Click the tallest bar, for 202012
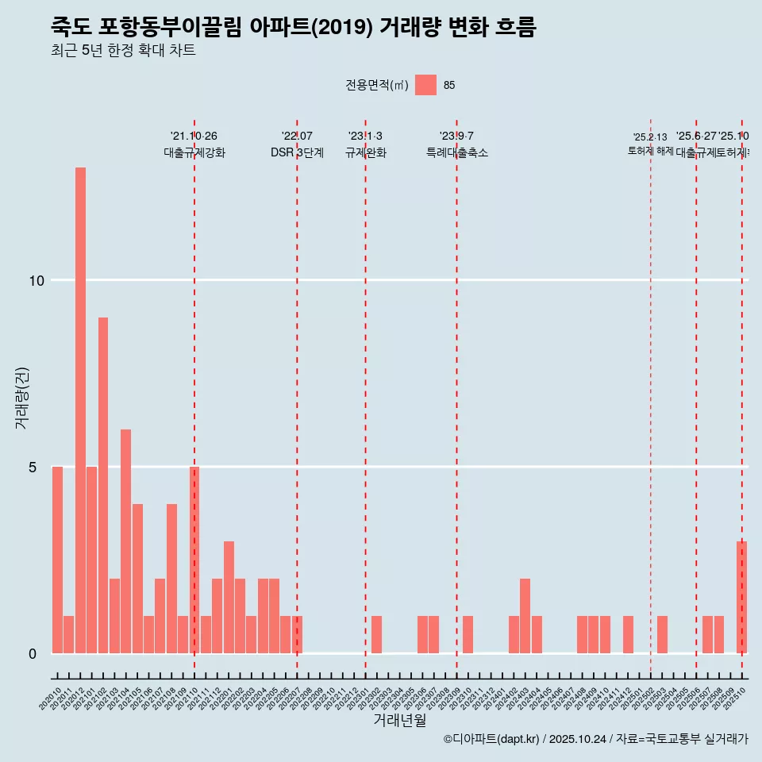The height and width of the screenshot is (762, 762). tap(80, 410)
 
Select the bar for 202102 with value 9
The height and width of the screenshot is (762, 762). tap(103, 485)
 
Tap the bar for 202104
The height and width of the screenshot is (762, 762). tap(125, 541)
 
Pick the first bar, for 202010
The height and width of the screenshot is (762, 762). tap(57, 560)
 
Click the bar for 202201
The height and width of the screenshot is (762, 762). tap(229, 597)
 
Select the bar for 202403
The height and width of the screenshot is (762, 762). tap(525, 616)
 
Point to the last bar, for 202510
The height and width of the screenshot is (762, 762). tap(741, 597)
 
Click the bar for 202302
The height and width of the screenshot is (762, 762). tap(376, 634)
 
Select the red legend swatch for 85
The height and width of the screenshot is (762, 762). tap(425, 85)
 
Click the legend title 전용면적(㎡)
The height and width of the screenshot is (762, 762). tap(377, 85)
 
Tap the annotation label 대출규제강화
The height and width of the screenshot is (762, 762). tap(194, 153)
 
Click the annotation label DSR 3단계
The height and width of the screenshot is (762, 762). tap(297, 153)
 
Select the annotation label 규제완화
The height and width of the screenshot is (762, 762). tap(365, 153)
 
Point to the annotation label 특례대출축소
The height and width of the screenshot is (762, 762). tap(456, 153)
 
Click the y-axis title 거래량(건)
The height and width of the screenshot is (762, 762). tap(22, 397)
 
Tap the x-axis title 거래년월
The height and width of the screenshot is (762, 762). tap(400, 721)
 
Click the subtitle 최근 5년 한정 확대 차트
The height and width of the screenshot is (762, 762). tap(123, 51)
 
